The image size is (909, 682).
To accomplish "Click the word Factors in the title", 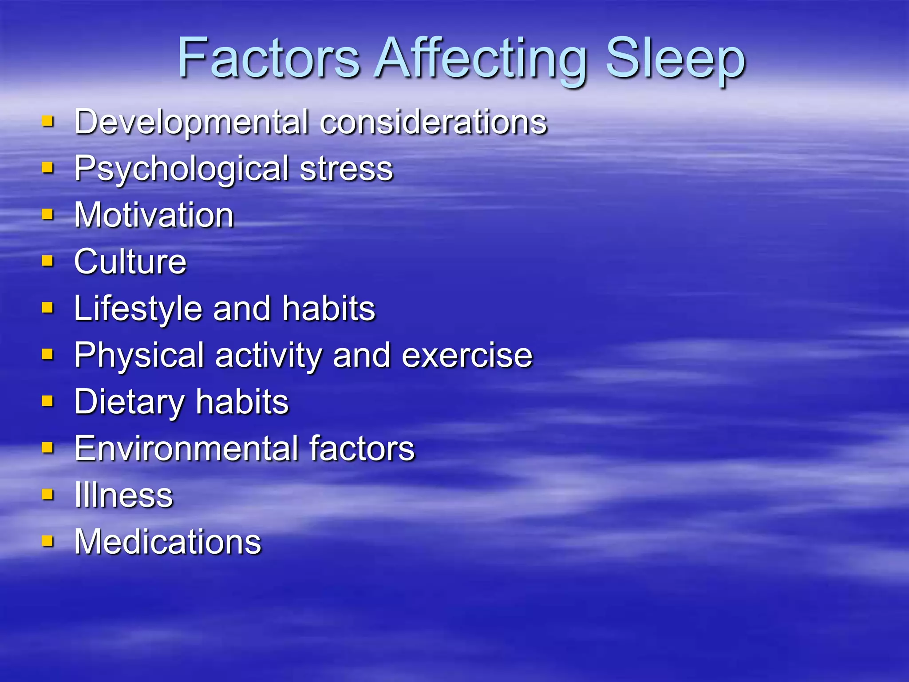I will [269, 59].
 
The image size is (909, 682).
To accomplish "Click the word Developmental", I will [191, 123].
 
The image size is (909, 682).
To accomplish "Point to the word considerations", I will [433, 123].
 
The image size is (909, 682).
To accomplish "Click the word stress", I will [346, 169].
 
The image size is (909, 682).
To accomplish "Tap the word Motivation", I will [154, 215].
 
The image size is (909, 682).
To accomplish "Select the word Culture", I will [130, 262].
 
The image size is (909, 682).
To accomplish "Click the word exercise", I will [467, 356].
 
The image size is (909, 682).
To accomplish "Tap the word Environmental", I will [186, 449].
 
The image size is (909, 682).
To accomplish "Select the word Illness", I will [123, 496].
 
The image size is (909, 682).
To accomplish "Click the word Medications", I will [168, 542].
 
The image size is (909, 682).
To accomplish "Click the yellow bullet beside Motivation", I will [47, 215].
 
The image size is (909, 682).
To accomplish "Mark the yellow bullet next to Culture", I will [47, 261].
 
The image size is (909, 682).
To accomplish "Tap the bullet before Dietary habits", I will [47, 401].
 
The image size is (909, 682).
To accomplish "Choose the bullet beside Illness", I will [47, 495].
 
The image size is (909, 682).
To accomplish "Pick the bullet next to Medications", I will [47, 541].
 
